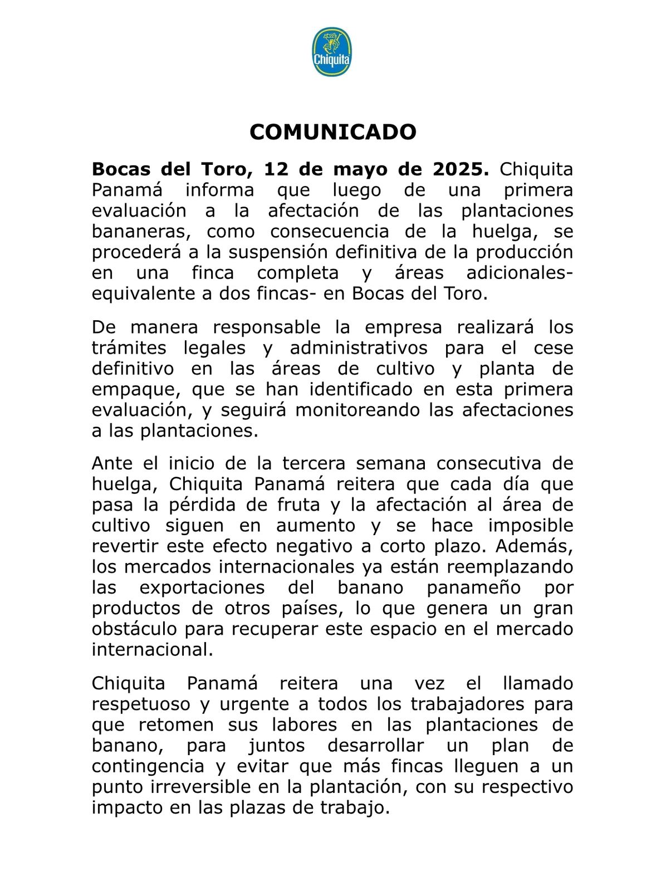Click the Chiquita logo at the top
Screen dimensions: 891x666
[332, 52]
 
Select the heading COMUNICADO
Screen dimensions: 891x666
[332, 133]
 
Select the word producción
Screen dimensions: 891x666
[524, 252]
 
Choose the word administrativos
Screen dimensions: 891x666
[359, 348]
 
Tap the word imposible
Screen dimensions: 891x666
[530, 526]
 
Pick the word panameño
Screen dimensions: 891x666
[474, 588]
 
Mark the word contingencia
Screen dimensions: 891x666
[148, 766]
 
